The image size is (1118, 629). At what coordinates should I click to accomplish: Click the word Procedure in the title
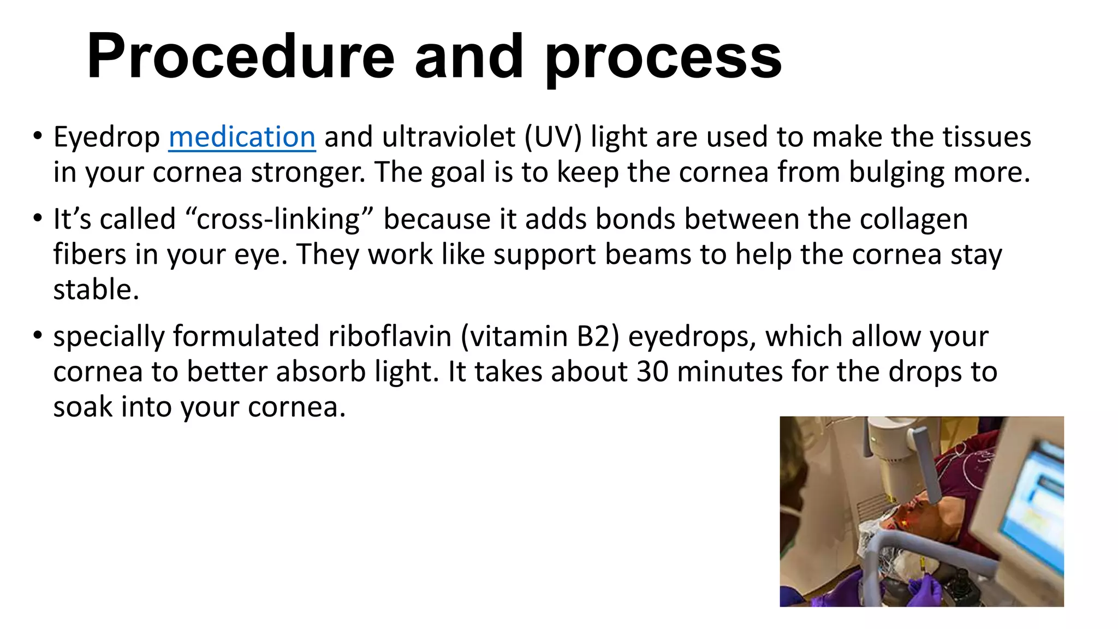click(x=240, y=57)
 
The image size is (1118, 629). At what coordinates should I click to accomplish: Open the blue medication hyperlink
click(x=242, y=137)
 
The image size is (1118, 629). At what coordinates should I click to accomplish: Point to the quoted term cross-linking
click(x=278, y=219)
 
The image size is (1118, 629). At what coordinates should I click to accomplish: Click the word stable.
click(x=96, y=289)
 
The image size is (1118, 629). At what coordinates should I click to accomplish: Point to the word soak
click(x=82, y=407)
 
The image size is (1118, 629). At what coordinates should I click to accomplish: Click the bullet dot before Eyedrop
click(x=37, y=135)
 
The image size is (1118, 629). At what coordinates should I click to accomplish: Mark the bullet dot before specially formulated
click(x=37, y=335)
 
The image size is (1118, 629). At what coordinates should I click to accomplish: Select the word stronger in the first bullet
click(x=308, y=172)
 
